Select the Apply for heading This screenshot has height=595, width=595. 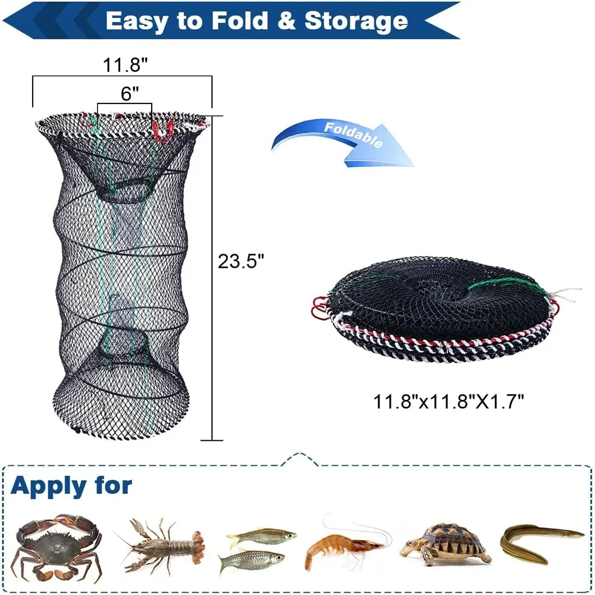click(x=71, y=486)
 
